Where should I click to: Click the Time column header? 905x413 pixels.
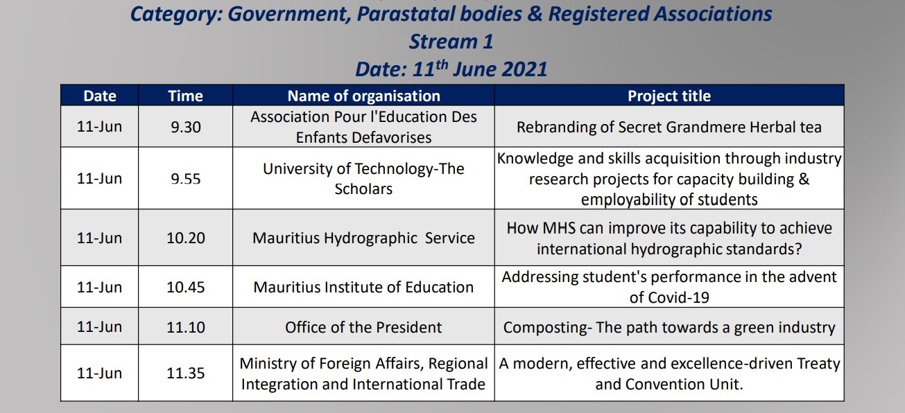coord(185,96)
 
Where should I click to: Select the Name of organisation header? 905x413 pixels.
coord(363,96)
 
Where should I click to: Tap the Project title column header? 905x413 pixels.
coord(669,96)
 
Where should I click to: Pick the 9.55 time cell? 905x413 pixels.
coord(185,179)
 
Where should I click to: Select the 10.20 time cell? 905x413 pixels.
coord(185,238)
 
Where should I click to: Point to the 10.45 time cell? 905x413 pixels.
coord(185,288)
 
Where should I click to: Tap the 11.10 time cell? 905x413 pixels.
coord(185,327)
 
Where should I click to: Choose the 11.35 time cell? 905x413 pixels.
coord(185,373)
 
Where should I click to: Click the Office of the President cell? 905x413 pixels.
coord(363,327)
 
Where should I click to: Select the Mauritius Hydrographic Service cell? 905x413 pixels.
coord(363,238)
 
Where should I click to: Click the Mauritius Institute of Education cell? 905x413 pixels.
coord(363,288)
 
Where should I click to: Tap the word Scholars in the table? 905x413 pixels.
coord(363,189)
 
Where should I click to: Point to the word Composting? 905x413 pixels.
coord(545,327)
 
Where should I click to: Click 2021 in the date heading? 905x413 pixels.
coord(524,69)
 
